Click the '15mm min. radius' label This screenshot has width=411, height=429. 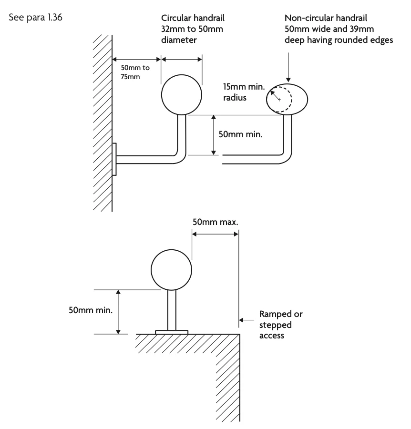[241, 92]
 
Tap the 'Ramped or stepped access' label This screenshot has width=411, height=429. [280, 325]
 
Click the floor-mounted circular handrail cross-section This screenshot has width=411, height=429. [172, 270]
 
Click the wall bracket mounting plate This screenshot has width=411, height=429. [114, 159]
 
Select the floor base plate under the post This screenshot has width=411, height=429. [172, 331]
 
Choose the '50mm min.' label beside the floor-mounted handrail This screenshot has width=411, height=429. [91, 311]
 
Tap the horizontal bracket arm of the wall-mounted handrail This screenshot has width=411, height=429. [148, 159]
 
